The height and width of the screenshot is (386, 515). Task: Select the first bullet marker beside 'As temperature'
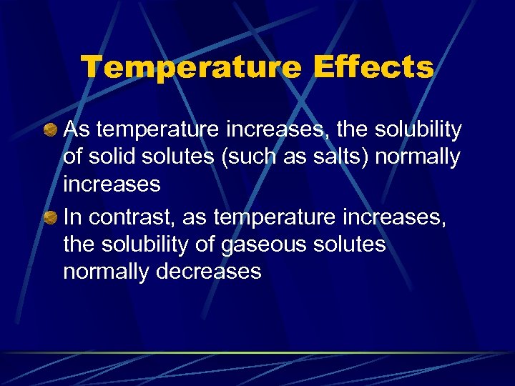[51, 131]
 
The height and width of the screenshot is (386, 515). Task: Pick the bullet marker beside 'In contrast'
[51, 218]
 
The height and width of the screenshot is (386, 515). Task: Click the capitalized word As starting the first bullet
[75, 130]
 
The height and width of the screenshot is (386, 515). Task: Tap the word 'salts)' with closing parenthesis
[341, 157]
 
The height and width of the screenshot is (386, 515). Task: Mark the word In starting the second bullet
[72, 217]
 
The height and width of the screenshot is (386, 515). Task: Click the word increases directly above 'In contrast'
[112, 184]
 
